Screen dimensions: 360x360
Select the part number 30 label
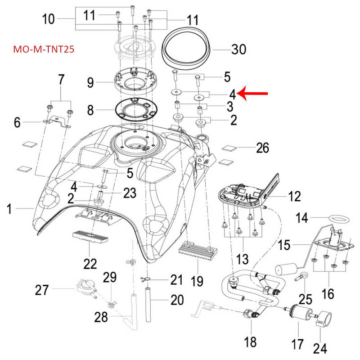[x=238, y=49]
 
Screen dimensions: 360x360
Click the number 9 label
[x=90, y=82]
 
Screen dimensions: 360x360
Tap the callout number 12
[x=295, y=196]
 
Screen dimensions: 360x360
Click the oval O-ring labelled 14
[x=337, y=218]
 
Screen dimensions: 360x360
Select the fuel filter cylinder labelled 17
[x=297, y=311]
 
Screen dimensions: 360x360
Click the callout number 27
[x=42, y=290]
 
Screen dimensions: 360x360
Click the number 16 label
[x=328, y=293]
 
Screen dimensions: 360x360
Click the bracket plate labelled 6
[x=58, y=121]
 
